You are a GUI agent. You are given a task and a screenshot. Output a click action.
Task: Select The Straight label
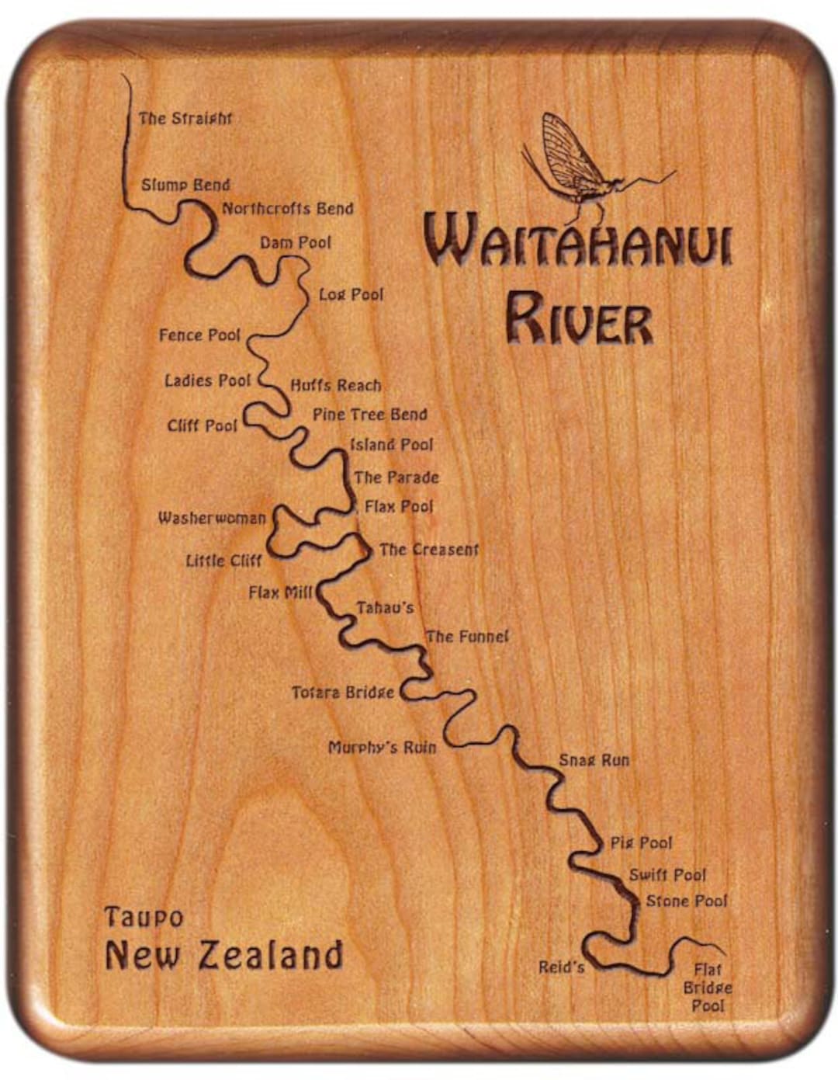coord(185,119)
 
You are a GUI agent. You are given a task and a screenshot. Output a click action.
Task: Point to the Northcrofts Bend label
coord(287,209)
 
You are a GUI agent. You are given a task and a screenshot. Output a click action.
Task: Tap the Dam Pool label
coord(295,243)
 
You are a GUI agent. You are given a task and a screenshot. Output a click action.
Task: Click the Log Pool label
coord(351,295)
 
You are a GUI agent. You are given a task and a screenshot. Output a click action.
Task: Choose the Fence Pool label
coord(199,335)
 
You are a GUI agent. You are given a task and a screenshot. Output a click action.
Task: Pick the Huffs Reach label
coord(336,385)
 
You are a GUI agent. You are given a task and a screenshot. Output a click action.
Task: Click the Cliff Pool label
coord(202,426)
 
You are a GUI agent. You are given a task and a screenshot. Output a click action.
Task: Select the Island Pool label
coord(391,445)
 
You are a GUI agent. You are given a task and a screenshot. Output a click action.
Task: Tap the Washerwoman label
coord(212,518)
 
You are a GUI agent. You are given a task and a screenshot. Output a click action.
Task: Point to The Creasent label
coord(428,550)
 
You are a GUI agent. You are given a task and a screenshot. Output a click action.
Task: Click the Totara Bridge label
coord(342,692)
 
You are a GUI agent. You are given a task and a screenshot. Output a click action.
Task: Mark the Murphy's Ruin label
coord(382,748)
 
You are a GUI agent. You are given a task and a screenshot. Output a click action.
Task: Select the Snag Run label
coord(594,760)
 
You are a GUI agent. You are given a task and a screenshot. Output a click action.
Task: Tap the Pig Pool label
coord(641,843)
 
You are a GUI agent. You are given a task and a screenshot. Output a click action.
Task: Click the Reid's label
coord(561,967)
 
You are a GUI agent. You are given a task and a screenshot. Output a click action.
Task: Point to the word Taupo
coord(144,918)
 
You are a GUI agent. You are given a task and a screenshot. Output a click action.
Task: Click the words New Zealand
coord(223,955)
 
